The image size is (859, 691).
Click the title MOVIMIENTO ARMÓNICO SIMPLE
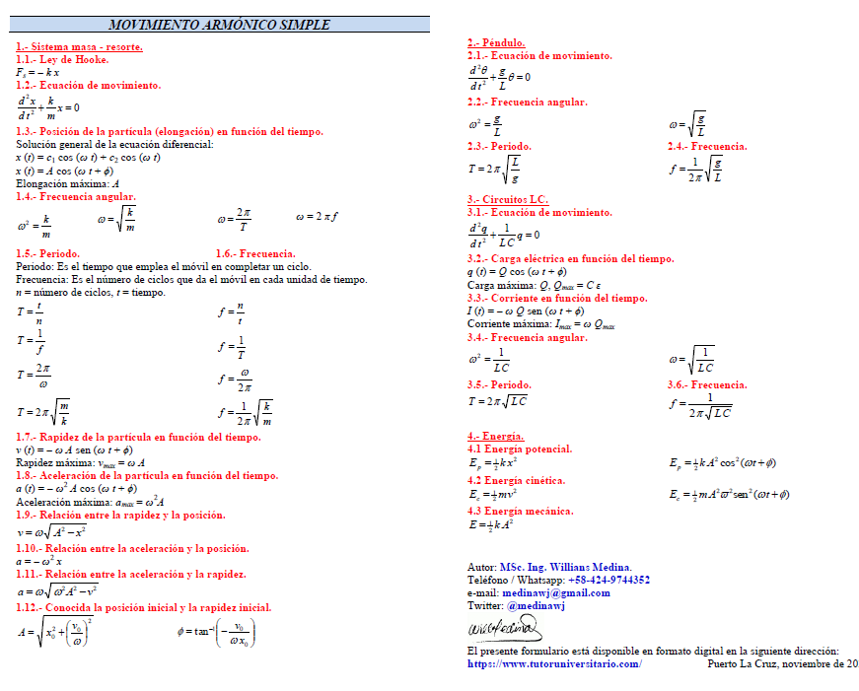pos(219,25)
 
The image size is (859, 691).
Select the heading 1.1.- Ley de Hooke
pos(62,59)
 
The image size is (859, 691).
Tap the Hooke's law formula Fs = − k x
pos(37,72)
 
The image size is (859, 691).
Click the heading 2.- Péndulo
pos(496,43)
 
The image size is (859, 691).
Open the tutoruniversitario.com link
pos(554,663)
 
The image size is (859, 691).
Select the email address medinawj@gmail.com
pos(556,593)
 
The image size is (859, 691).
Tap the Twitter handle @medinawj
pos(539,606)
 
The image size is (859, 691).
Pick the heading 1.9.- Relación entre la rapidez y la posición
pos(120,515)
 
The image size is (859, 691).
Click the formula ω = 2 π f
pos(317,216)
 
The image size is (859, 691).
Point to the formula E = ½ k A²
pos(493,525)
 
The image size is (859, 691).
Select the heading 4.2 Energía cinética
pos(516,480)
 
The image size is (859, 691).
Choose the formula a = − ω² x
pos(38,561)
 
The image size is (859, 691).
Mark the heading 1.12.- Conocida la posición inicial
pos(144,607)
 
